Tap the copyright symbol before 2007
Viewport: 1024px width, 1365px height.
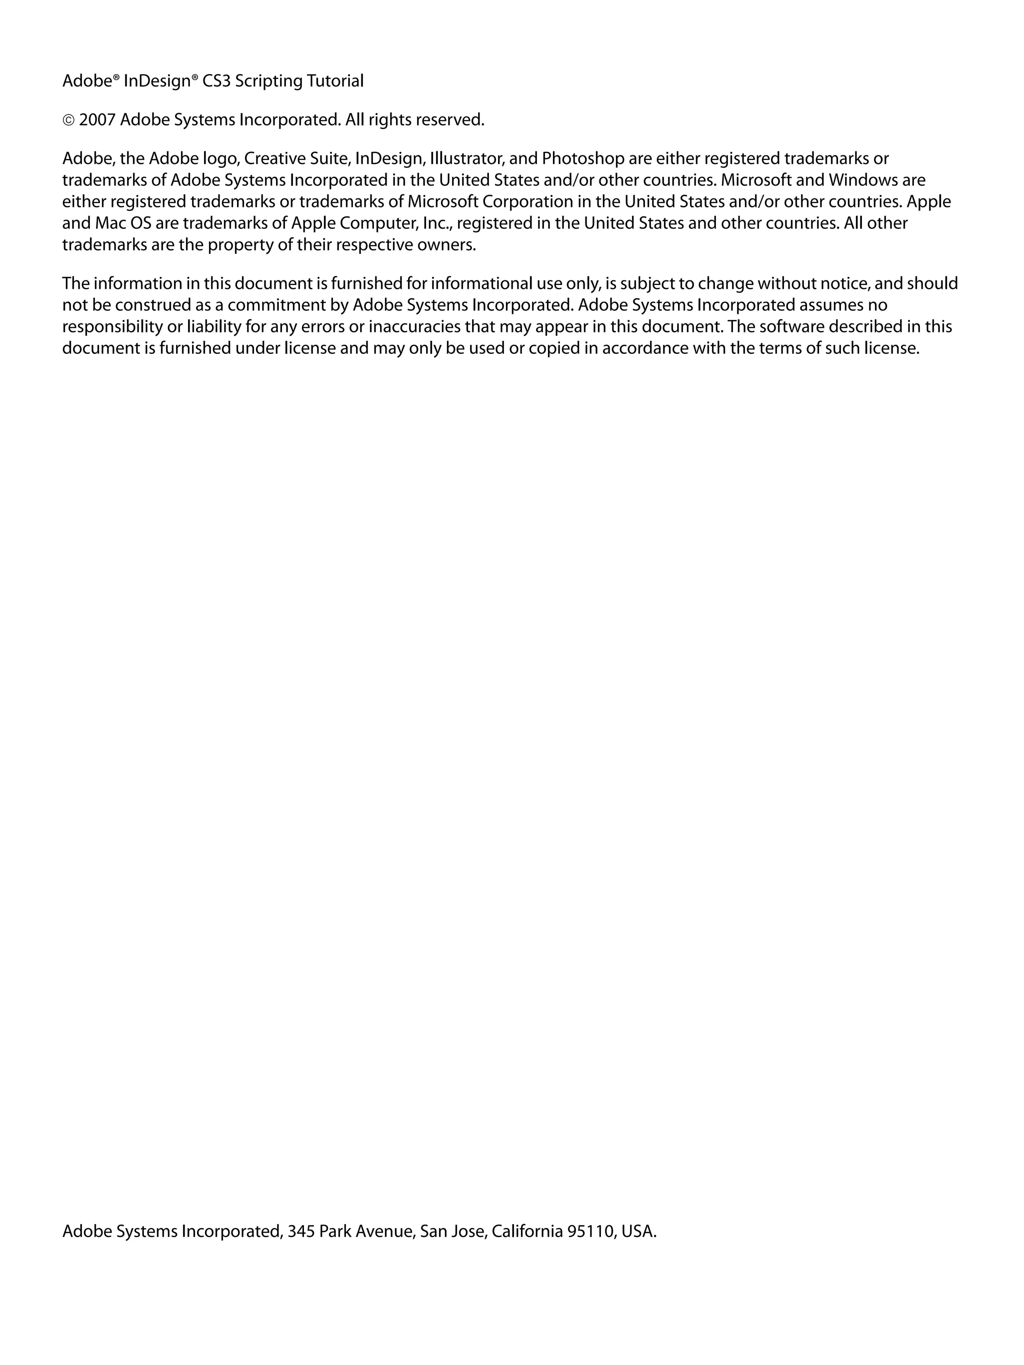click(x=68, y=120)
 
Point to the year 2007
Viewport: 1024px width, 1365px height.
click(x=97, y=120)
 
